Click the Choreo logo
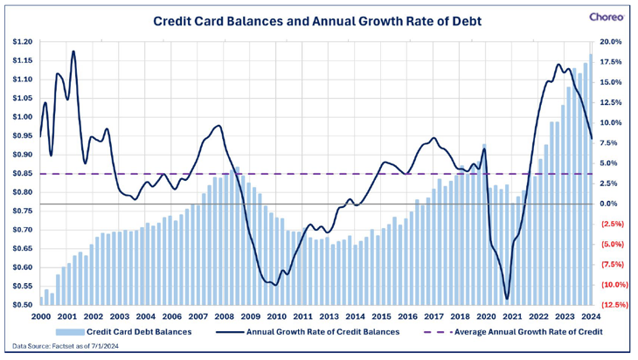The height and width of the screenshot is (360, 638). point(607,16)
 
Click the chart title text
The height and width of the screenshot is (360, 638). point(318,19)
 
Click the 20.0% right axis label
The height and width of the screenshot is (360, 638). point(612,42)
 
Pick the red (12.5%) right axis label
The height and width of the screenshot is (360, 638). point(611,305)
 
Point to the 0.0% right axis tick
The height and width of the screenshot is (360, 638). point(612,204)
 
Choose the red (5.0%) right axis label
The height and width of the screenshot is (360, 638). point(611,245)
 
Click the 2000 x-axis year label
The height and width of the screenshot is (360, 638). point(41,316)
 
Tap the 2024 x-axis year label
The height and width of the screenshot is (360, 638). point(591,316)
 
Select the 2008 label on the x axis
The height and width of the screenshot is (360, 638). point(224,316)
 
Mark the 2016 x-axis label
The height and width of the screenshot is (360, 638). point(407,316)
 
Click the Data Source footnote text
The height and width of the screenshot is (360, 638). point(63,348)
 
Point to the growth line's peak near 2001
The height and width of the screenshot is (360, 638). point(73,52)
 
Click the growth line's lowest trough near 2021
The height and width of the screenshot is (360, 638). point(507,299)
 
